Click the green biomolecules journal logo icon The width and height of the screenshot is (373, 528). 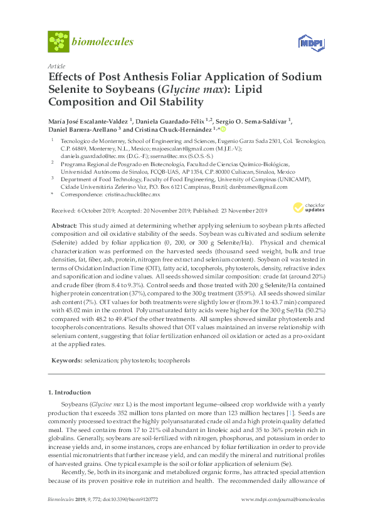[x=58, y=42]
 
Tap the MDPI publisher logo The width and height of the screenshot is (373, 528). [x=305, y=43]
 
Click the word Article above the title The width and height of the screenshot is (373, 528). [x=55, y=65]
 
